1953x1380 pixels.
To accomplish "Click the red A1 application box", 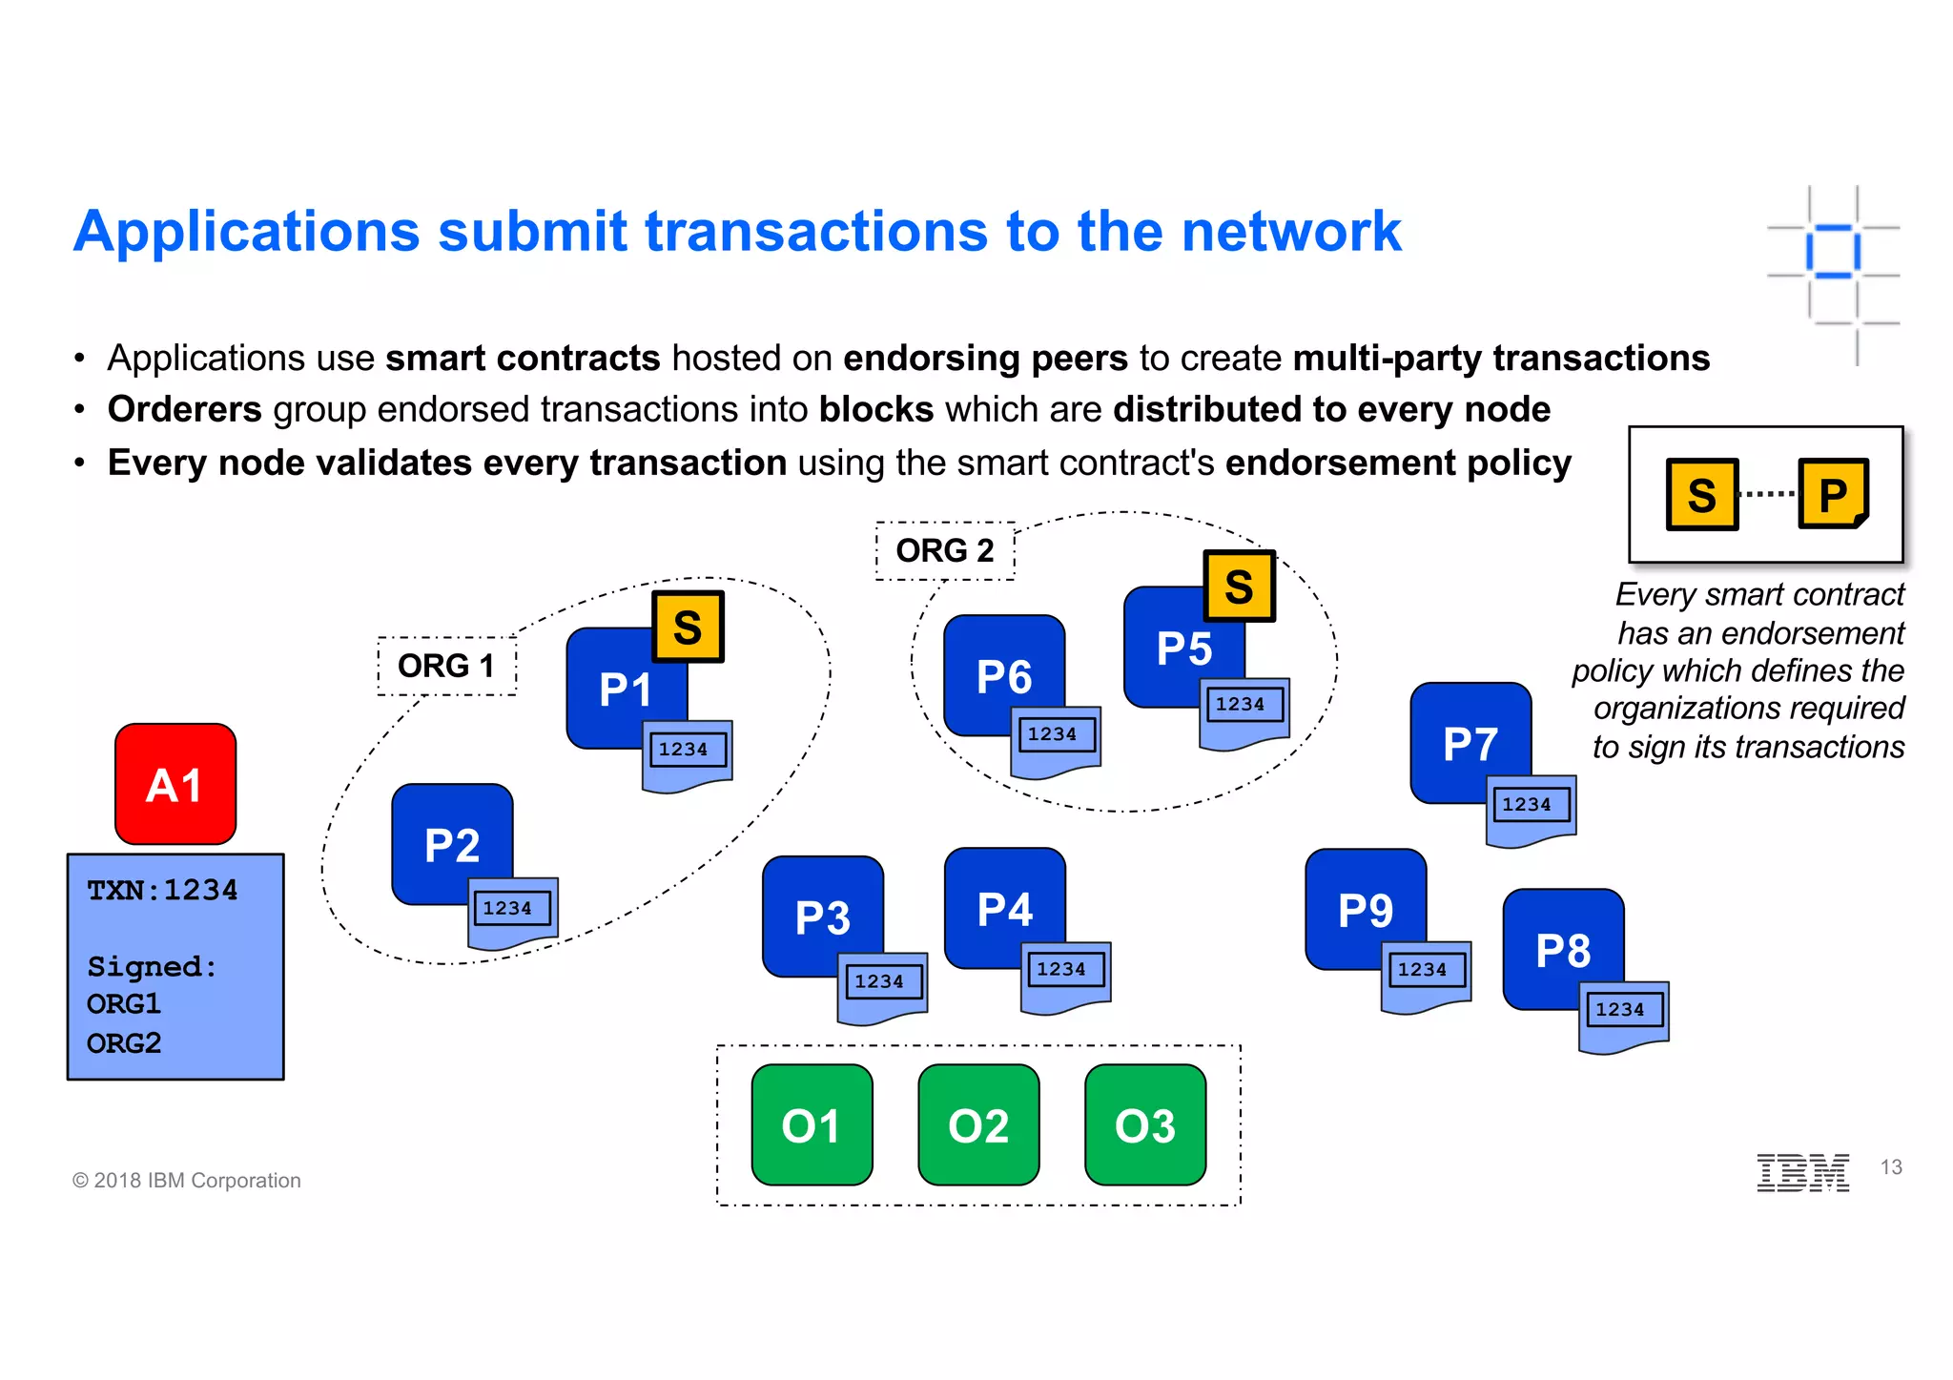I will [x=175, y=784].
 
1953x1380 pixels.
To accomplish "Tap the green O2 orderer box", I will [x=978, y=1125].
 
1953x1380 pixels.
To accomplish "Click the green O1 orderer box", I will [x=812, y=1125].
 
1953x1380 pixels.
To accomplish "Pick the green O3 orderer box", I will [x=1145, y=1125].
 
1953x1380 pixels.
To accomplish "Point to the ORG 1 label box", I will [x=446, y=666].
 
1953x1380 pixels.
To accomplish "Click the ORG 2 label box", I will [x=945, y=550].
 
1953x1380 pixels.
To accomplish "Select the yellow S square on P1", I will [x=688, y=627].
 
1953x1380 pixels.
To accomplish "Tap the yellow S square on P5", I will [x=1239, y=586].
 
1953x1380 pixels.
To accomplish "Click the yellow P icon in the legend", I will [x=1832, y=494].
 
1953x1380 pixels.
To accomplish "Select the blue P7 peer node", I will [x=1470, y=742].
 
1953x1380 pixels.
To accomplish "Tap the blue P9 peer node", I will [x=1365, y=908].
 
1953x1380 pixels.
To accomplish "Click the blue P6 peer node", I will [x=1003, y=674].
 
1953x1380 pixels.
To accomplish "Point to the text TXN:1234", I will [x=162, y=890].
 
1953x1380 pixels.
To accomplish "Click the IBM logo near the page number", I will [x=1802, y=1172].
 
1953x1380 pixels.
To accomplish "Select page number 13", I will [x=1891, y=1167].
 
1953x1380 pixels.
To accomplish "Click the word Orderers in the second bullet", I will [x=184, y=409].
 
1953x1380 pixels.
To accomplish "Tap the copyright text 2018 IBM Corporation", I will [x=187, y=1181].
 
